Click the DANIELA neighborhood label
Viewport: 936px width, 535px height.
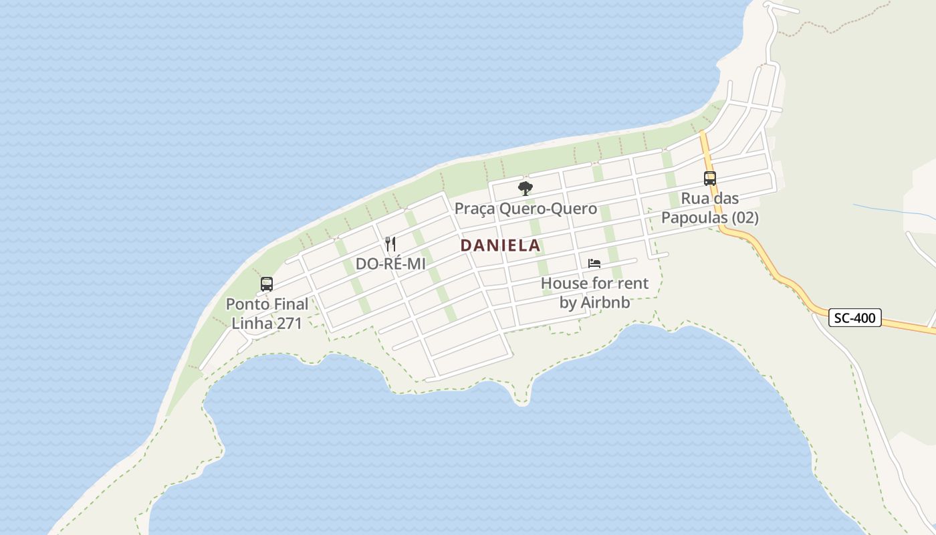[x=500, y=245]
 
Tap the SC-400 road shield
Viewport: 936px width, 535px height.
[x=855, y=318]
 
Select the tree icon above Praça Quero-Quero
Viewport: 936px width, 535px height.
[x=525, y=188]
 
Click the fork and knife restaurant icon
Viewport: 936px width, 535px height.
[x=390, y=244]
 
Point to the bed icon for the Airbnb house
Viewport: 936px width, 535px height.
[x=594, y=263]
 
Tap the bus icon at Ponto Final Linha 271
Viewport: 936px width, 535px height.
[x=267, y=284]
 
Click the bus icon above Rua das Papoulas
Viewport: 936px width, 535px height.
[x=709, y=179]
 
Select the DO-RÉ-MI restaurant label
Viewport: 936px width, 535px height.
[x=390, y=263]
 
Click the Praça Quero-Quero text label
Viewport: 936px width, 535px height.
[x=525, y=209]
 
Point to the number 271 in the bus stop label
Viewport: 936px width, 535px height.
[x=289, y=324]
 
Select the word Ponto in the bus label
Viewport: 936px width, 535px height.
[x=246, y=304]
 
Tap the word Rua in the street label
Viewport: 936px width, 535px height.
[x=694, y=199]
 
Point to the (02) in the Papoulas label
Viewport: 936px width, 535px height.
[x=745, y=218]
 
